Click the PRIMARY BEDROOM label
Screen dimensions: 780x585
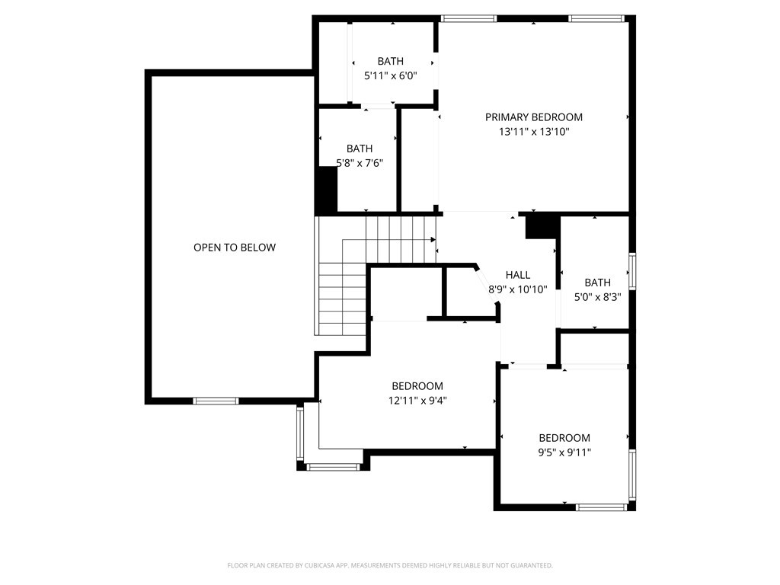click(x=534, y=117)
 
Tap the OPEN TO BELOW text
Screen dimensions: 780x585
click(x=235, y=248)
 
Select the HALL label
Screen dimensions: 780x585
click(x=518, y=275)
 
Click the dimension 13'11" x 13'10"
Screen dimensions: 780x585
click(x=534, y=132)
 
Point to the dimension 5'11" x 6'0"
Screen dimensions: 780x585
click(x=391, y=76)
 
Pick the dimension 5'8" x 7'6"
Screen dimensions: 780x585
click(x=360, y=163)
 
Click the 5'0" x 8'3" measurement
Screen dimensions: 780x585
click(x=597, y=298)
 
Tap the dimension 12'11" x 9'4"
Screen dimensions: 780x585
click(x=417, y=401)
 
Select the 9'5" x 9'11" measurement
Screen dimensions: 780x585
click(x=564, y=452)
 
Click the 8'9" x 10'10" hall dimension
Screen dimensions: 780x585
click(x=518, y=289)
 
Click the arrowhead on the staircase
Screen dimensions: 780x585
click(x=433, y=240)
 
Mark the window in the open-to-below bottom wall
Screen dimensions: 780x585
click(x=216, y=401)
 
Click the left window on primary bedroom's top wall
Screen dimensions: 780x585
click(x=468, y=19)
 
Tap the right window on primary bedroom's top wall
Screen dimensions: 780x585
click(x=596, y=19)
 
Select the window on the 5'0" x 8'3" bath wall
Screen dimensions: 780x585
click(x=632, y=271)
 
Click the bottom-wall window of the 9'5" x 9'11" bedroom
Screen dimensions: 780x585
click(x=601, y=507)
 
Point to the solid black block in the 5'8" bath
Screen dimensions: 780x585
click(x=327, y=189)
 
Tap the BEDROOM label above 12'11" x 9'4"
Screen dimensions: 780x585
click(x=417, y=386)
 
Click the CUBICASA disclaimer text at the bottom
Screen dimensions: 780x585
click(x=390, y=566)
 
